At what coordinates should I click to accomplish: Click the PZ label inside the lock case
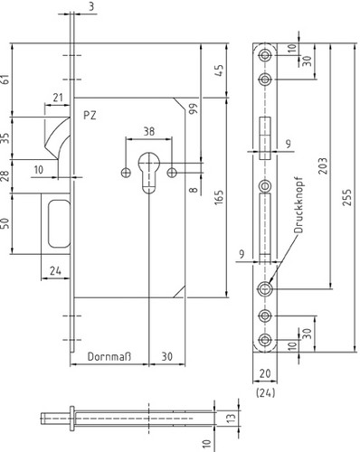point(90,116)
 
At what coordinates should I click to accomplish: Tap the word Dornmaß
point(109,357)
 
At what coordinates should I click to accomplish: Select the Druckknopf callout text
point(298,205)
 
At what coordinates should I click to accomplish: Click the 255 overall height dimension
point(347,197)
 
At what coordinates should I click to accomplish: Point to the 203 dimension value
point(323,165)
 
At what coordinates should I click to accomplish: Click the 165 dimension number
point(219,197)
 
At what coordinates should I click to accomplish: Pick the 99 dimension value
point(193,108)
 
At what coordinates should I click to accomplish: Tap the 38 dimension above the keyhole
point(149,131)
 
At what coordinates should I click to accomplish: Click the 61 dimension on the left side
point(5,80)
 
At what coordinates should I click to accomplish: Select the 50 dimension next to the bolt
point(5,223)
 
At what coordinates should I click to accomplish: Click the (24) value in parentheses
point(265,392)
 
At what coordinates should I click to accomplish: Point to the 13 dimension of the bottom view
point(231,418)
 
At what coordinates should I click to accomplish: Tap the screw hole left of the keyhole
point(126,173)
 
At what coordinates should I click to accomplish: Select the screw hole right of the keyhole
point(172,173)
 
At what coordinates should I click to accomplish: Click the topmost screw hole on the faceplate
point(265,55)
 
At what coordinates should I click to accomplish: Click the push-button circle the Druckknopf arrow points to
point(265,288)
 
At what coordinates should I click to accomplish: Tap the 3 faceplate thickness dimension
point(91,6)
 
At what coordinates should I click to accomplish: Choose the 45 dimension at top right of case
point(219,71)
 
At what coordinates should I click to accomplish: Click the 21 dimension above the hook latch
point(58,98)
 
